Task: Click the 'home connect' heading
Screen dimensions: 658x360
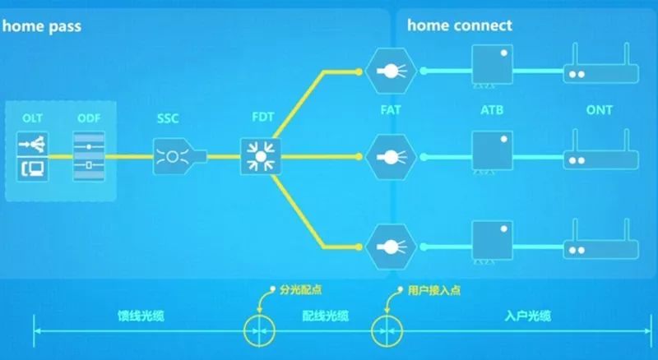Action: [x=459, y=25]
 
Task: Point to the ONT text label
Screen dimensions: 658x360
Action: [x=599, y=110]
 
